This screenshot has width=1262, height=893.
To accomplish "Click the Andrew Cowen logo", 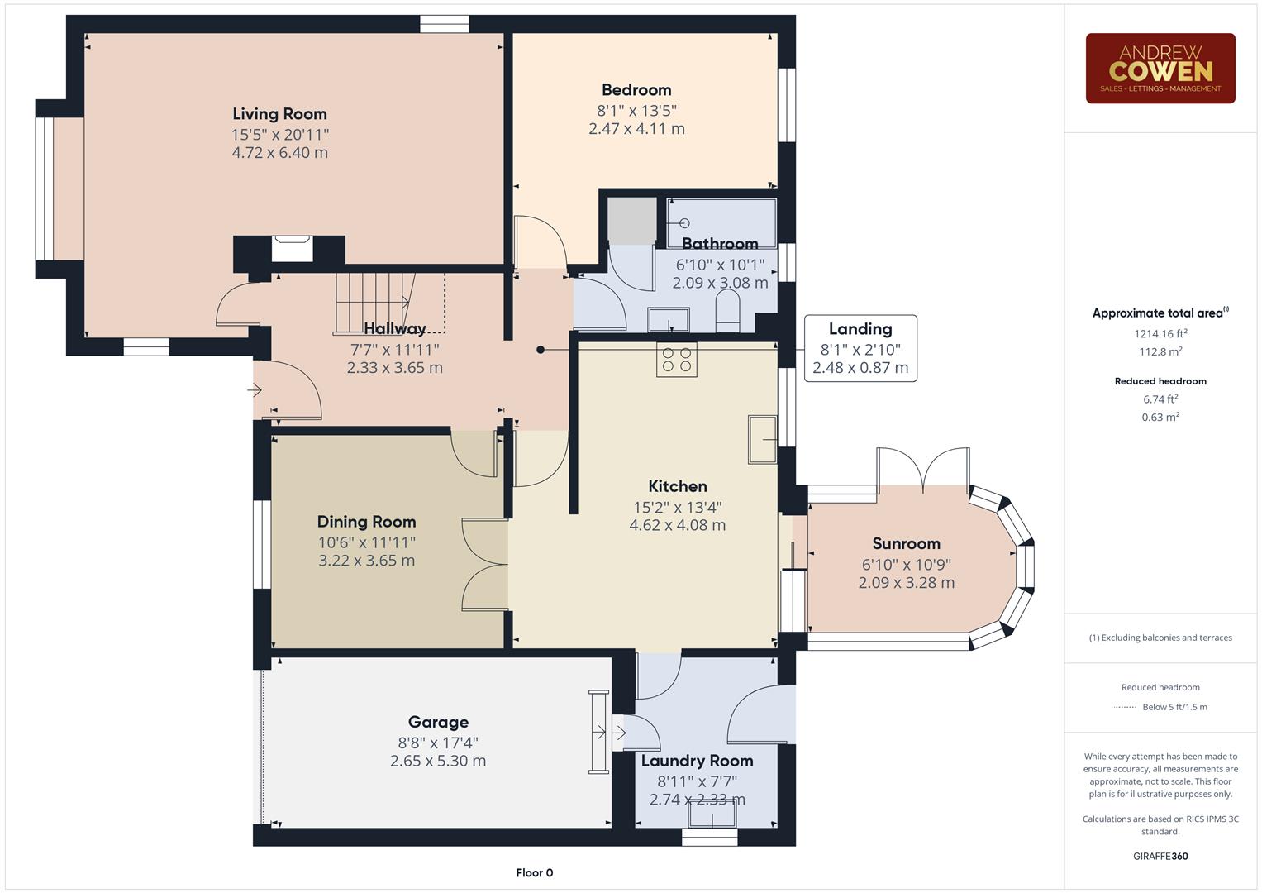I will click(1160, 69).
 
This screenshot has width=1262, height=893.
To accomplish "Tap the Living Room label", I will click(279, 114).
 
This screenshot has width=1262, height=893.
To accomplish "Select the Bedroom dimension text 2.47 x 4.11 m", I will click(636, 129).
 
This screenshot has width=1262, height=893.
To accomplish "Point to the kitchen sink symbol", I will click(762, 439).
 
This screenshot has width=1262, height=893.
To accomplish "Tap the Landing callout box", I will click(860, 348).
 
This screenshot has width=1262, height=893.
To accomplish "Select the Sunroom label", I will click(906, 543).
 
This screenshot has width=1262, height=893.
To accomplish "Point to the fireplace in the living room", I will click(292, 248).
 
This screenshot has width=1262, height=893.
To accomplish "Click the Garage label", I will click(438, 722).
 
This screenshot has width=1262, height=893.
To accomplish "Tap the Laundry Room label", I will click(697, 761).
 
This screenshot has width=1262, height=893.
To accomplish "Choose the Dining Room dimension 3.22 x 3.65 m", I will click(366, 561).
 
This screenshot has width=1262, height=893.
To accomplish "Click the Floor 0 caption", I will click(534, 872).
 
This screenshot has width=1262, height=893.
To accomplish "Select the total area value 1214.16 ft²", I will click(1160, 334).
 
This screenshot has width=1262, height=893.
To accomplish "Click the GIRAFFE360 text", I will click(1160, 856).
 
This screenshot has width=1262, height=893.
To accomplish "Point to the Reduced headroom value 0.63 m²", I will click(1160, 418).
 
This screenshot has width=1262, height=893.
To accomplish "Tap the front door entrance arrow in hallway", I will click(256, 389).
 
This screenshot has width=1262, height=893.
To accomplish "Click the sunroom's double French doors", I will click(923, 470).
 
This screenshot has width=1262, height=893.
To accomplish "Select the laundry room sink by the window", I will click(712, 815).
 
